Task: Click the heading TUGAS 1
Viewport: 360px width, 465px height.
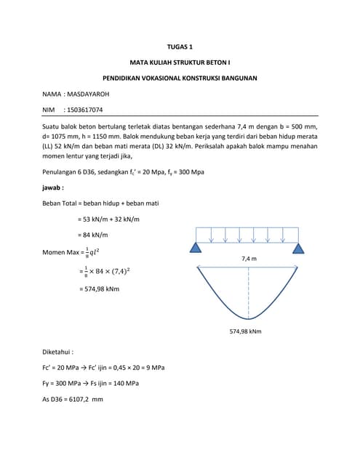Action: pos(180,46)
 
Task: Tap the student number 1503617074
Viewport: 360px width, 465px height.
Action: pos(84,110)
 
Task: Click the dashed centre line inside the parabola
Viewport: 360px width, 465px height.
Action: pos(249,291)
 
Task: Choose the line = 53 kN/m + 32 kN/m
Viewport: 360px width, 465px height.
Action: pos(108,219)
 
